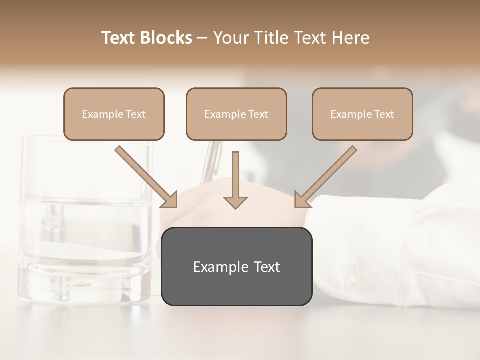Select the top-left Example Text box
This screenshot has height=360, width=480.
tap(114, 114)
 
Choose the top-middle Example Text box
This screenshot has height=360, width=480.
tap(236, 114)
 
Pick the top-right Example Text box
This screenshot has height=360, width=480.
tap(362, 114)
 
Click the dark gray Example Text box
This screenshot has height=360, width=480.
tap(236, 266)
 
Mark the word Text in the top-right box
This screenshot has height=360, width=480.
tap(384, 114)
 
